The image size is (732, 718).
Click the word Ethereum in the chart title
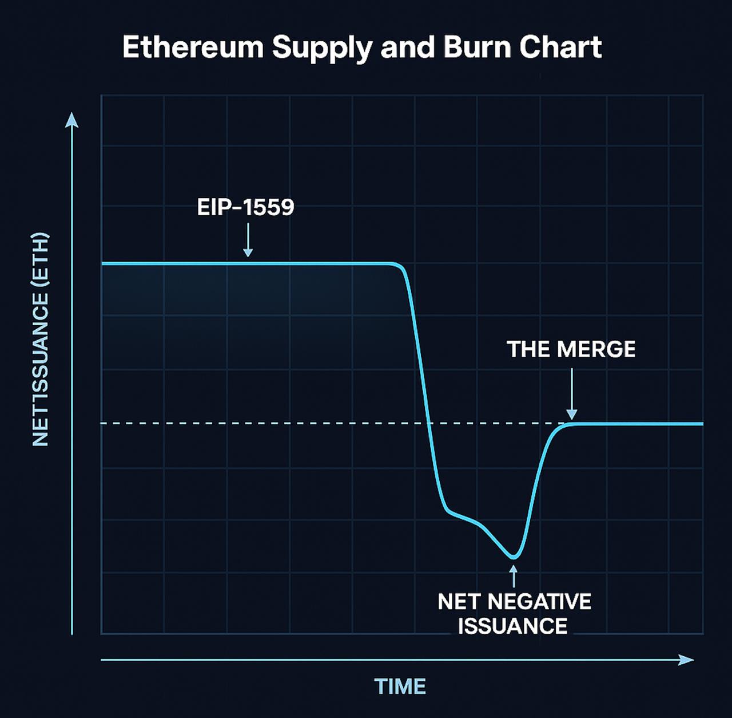point(193,47)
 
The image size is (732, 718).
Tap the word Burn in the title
point(478,47)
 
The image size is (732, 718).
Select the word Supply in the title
point(322,48)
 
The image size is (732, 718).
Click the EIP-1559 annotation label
point(245,207)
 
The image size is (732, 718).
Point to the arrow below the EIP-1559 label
point(248,240)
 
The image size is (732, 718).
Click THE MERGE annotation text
point(571,349)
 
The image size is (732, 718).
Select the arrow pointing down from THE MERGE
point(571,395)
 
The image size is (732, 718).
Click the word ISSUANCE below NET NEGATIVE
point(513,626)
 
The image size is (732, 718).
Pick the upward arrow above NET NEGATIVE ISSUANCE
point(514,575)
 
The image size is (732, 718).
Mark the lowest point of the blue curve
point(514,557)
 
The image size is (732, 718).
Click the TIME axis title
point(400,687)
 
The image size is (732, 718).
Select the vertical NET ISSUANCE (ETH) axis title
point(41,339)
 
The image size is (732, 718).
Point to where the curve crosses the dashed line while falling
point(429,424)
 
